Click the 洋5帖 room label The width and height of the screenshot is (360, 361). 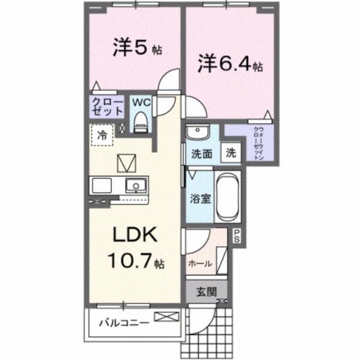[x=138, y=49]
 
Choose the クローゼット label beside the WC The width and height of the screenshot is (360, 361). [x=107, y=108]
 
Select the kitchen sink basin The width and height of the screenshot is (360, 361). [x=136, y=185]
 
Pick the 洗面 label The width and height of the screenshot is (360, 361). [x=201, y=153]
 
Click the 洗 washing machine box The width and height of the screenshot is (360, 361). [x=230, y=153]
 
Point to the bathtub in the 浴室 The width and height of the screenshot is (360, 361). [x=227, y=197]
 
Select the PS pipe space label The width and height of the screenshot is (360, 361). [x=237, y=236]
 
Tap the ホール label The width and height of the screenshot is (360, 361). [x=199, y=263]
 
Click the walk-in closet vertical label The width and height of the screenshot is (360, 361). [x=257, y=143]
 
